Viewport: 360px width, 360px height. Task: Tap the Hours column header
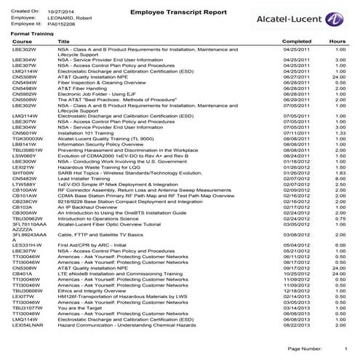point(337,42)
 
